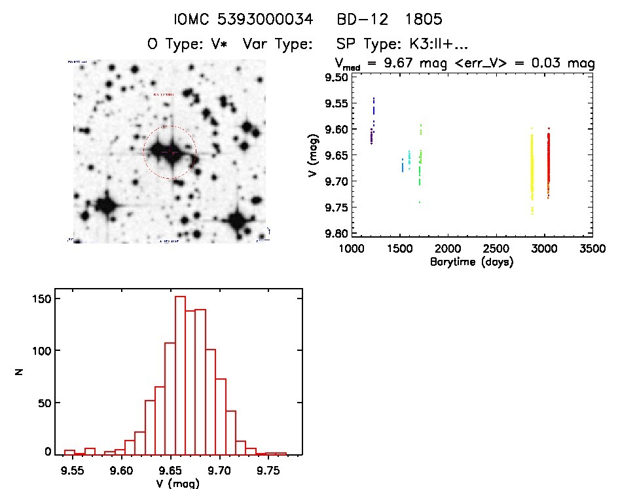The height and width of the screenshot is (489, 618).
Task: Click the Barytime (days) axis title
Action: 471,262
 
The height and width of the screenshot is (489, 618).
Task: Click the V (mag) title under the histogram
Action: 173,483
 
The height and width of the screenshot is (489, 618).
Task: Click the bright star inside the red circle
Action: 165,152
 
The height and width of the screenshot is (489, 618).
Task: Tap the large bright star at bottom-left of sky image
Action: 105,205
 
